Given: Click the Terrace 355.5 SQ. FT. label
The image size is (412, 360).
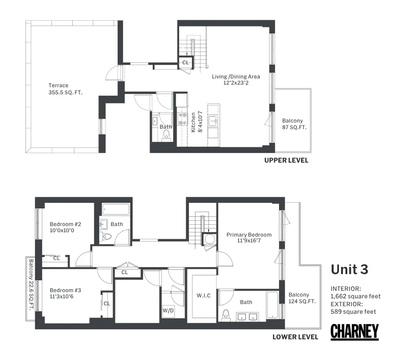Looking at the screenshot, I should pyautogui.click(x=65, y=89).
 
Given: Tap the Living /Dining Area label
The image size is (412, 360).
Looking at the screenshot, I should pyautogui.click(x=236, y=79).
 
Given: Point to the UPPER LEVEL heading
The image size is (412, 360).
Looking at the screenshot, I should pyautogui.click(x=286, y=160).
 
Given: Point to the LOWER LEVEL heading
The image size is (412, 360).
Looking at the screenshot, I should pyautogui.click(x=295, y=337).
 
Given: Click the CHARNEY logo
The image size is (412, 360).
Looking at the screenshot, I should pyautogui.click(x=354, y=332).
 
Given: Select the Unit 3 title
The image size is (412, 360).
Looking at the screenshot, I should pyautogui.click(x=349, y=269).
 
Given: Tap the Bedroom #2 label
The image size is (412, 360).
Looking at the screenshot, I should pyautogui.click(x=65, y=226).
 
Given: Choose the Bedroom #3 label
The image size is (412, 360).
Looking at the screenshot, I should pyautogui.click(x=65, y=293).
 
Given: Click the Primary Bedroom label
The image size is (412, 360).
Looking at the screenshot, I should pyautogui.click(x=249, y=238).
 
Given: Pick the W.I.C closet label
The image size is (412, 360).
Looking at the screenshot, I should pyautogui.click(x=203, y=295).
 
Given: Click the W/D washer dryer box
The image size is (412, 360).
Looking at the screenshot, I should pyautogui.click(x=168, y=310).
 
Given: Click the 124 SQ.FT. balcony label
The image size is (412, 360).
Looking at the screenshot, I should pyautogui.click(x=299, y=298).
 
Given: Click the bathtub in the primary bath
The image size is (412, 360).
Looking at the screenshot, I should pyautogui.click(x=273, y=305).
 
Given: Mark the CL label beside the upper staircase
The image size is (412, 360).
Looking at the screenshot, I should pyautogui.click(x=185, y=63).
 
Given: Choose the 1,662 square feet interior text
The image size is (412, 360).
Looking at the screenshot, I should pyautogui.click(x=356, y=296).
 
